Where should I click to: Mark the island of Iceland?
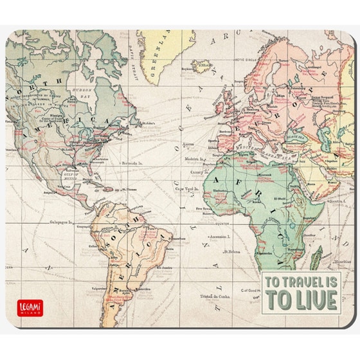[x=203, y=66]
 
